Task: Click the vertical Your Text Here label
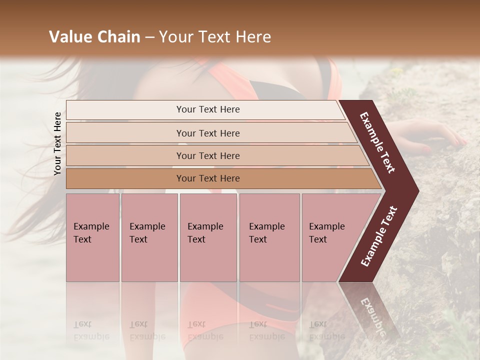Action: point(57,143)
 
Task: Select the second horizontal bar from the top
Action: point(207,133)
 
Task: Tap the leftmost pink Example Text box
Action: point(92,237)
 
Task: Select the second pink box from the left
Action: point(149,237)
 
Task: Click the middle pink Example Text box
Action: point(208,237)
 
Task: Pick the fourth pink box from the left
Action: point(269,237)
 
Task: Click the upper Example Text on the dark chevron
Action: point(377,142)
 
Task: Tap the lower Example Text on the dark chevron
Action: point(378,236)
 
